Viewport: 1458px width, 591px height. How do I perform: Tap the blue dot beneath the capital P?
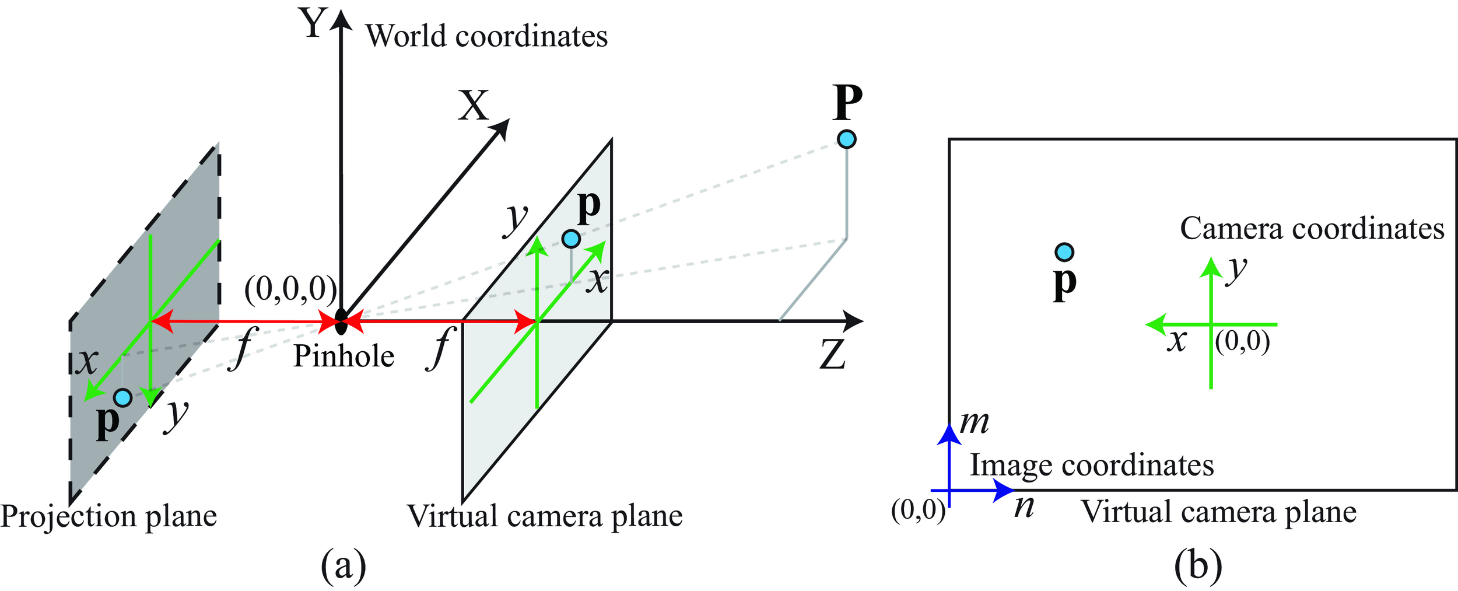[846, 139]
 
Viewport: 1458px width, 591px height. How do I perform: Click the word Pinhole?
[344, 356]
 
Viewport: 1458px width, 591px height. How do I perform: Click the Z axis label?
[832, 354]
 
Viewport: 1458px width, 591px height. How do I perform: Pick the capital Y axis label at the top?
[314, 23]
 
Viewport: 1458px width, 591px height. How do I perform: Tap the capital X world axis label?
[473, 106]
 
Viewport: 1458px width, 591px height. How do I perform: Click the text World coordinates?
[486, 36]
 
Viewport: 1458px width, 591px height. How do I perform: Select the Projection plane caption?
[108, 516]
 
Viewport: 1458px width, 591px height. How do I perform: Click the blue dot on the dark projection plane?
[123, 397]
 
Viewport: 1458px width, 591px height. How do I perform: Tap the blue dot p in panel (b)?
[1064, 252]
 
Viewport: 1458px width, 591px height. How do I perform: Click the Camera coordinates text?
[1312, 229]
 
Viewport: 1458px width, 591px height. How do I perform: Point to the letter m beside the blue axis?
[975, 422]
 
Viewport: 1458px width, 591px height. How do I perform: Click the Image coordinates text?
[1092, 466]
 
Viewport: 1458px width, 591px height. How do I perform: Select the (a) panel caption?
[344, 565]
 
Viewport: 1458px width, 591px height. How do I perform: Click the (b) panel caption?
[1198, 565]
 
